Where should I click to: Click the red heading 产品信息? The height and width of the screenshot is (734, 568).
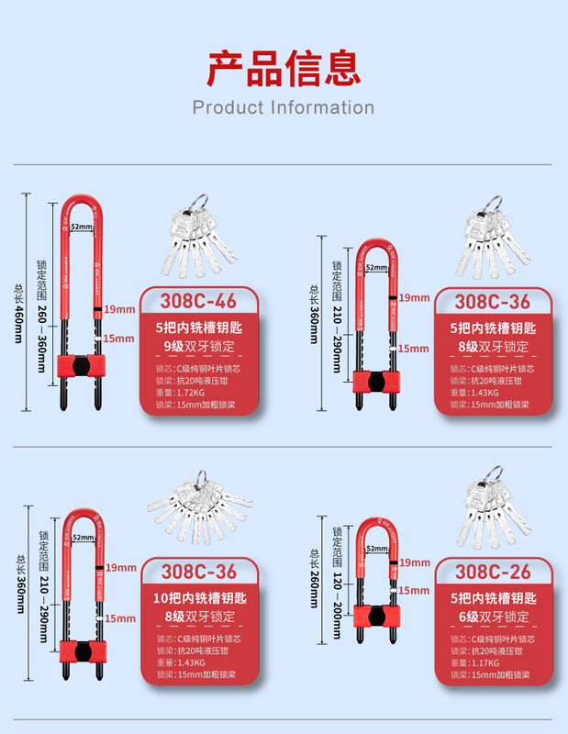(x=284, y=68)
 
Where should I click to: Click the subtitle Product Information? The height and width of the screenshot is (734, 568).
(x=284, y=107)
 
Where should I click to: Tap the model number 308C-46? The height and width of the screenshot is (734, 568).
(x=199, y=302)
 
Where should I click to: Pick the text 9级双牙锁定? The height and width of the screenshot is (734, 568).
(x=199, y=346)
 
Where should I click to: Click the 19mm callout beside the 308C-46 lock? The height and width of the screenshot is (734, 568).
(x=118, y=308)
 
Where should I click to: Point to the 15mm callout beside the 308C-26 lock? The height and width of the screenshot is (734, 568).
(x=414, y=591)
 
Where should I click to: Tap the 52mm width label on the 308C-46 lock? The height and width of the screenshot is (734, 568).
(x=81, y=227)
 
